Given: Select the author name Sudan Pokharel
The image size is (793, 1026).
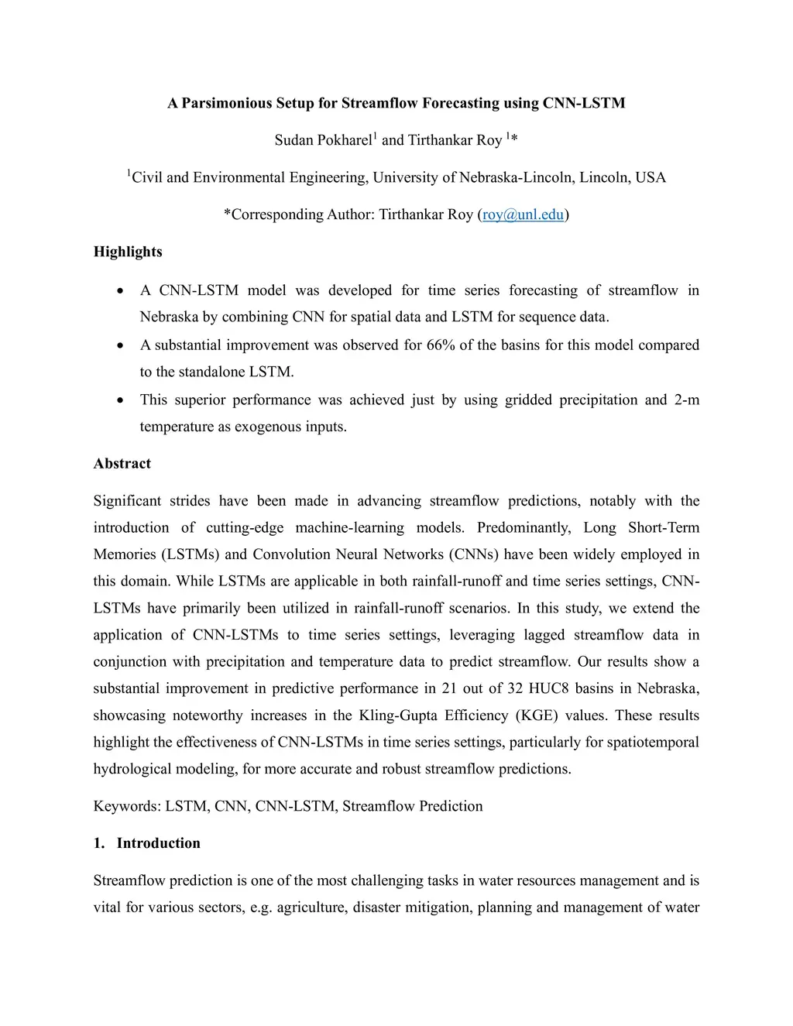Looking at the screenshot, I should pos(323,140).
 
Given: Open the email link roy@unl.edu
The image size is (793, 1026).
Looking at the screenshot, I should pos(523,214).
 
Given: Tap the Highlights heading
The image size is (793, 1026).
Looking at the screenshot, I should pos(128,252).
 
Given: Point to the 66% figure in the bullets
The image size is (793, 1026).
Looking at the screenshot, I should pos(441,345).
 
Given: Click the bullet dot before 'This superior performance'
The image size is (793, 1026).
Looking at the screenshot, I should pos(120,400).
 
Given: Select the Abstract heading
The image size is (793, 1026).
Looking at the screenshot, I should pos(122,464).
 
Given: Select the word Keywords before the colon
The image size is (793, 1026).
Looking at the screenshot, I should pos(126,806).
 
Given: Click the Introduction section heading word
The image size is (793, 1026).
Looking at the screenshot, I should pos(158,843).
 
